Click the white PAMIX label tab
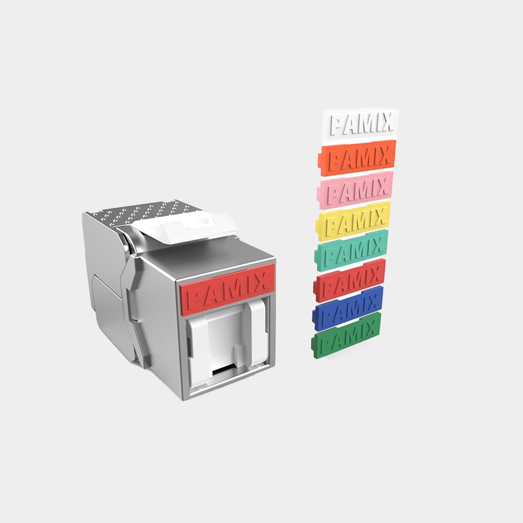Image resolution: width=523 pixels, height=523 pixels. [360, 124]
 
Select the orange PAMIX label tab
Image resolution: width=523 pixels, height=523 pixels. [357, 158]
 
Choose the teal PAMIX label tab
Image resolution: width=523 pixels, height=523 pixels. [351, 250]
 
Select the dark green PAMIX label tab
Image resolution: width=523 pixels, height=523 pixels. [346, 335]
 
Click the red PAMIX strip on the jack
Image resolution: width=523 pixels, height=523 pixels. [228, 289]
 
